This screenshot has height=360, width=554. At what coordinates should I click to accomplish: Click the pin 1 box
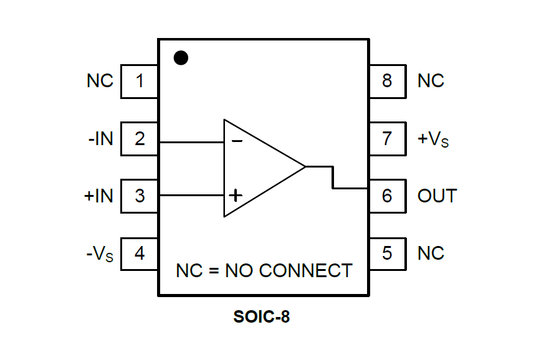click(140, 81)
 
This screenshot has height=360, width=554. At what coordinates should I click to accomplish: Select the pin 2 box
click(140, 138)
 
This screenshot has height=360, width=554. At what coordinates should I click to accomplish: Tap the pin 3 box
click(140, 196)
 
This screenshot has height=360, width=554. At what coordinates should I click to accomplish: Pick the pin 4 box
click(140, 253)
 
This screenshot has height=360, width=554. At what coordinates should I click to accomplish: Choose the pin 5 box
click(388, 253)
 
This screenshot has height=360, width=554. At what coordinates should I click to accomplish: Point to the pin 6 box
click(388, 196)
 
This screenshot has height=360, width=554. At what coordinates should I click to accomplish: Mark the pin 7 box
click(388, 138)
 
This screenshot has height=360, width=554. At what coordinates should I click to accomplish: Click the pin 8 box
click(388, 81)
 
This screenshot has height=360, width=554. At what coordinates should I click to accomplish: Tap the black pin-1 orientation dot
click(181, 58)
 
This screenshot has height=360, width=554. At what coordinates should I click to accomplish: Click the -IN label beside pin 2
click(101, 138)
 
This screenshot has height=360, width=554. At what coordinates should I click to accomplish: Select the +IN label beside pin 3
click(99, 196)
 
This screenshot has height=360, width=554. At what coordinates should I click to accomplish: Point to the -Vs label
click(100, 254)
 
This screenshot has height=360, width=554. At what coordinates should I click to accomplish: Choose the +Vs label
click(432, 139)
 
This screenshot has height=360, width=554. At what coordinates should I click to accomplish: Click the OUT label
click(437, 196)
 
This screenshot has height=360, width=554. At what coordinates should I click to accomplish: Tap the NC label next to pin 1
click(100, 81)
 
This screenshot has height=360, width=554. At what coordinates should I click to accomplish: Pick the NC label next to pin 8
click(431, 81)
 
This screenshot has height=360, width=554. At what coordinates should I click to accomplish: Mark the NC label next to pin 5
click(431, 253)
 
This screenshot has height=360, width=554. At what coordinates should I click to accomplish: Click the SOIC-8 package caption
click(262, 317)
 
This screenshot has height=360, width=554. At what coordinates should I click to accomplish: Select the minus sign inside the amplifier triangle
click(237, 141)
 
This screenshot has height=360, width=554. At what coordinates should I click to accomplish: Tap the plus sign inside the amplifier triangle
click(236, 196)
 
